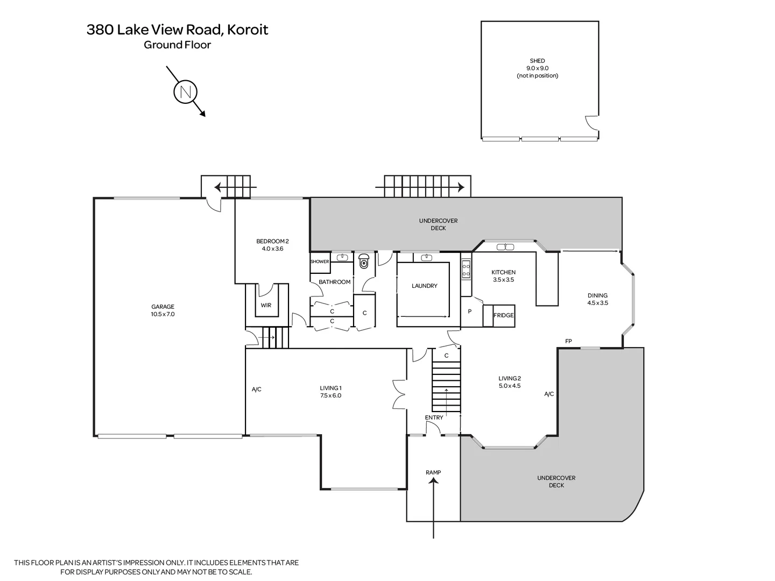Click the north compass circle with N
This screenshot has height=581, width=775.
coord(185,92)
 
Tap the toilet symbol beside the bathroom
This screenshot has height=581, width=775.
coord(364,262)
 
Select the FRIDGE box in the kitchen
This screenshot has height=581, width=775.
coord(504,315)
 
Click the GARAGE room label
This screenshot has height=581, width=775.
coord(163,307)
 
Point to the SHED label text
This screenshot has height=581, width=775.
coord(537,61)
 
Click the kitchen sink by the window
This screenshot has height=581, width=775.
coord(505,247)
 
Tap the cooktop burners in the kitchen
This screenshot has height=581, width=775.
coord(466,269)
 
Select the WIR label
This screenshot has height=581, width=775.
coord(266,306)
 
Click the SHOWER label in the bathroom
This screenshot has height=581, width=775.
coord(320,261)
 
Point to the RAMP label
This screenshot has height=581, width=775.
coord(433,472)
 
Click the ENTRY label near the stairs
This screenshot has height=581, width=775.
coord(434,417)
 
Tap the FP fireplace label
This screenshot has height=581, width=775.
coord(568,341)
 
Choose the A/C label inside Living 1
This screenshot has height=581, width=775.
coord(257,389)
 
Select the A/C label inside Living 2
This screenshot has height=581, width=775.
coord(549,394)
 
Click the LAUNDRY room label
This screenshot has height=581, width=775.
coord(424,286)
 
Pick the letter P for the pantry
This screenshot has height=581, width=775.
coord(470,311)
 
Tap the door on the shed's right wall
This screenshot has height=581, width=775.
coord(592,123)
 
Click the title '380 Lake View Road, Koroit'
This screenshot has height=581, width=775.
coord(177,30)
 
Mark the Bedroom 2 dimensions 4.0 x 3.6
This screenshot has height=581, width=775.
coord(272,249)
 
